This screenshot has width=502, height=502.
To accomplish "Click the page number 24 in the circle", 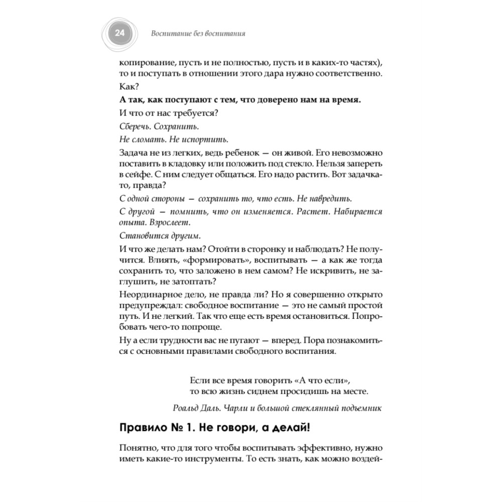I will (x=119, y=34).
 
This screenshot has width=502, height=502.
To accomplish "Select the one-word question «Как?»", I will (x=129, y=86).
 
